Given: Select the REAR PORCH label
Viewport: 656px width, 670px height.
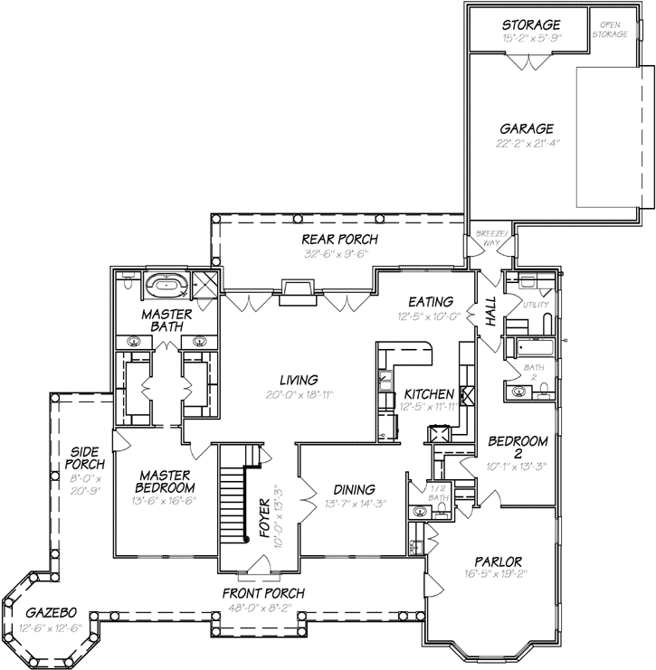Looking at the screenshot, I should [x=339, y=239].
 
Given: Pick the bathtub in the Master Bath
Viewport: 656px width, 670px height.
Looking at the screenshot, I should [x=165, y=286].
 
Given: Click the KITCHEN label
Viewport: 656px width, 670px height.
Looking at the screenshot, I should [x=428, y=395].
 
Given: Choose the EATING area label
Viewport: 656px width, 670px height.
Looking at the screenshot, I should [x=423, y=302].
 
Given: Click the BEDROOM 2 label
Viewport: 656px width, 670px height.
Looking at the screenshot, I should [x=518, y=448].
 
